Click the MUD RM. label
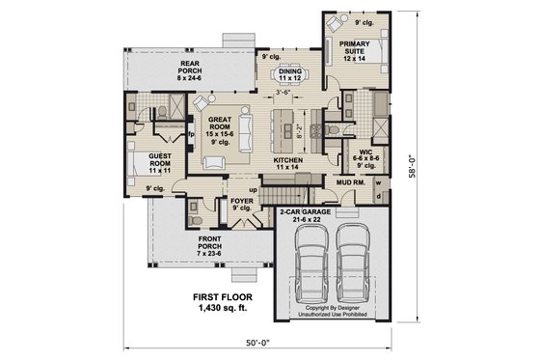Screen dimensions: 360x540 coord(348,180)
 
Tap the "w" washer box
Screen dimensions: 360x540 coord(377,180)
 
